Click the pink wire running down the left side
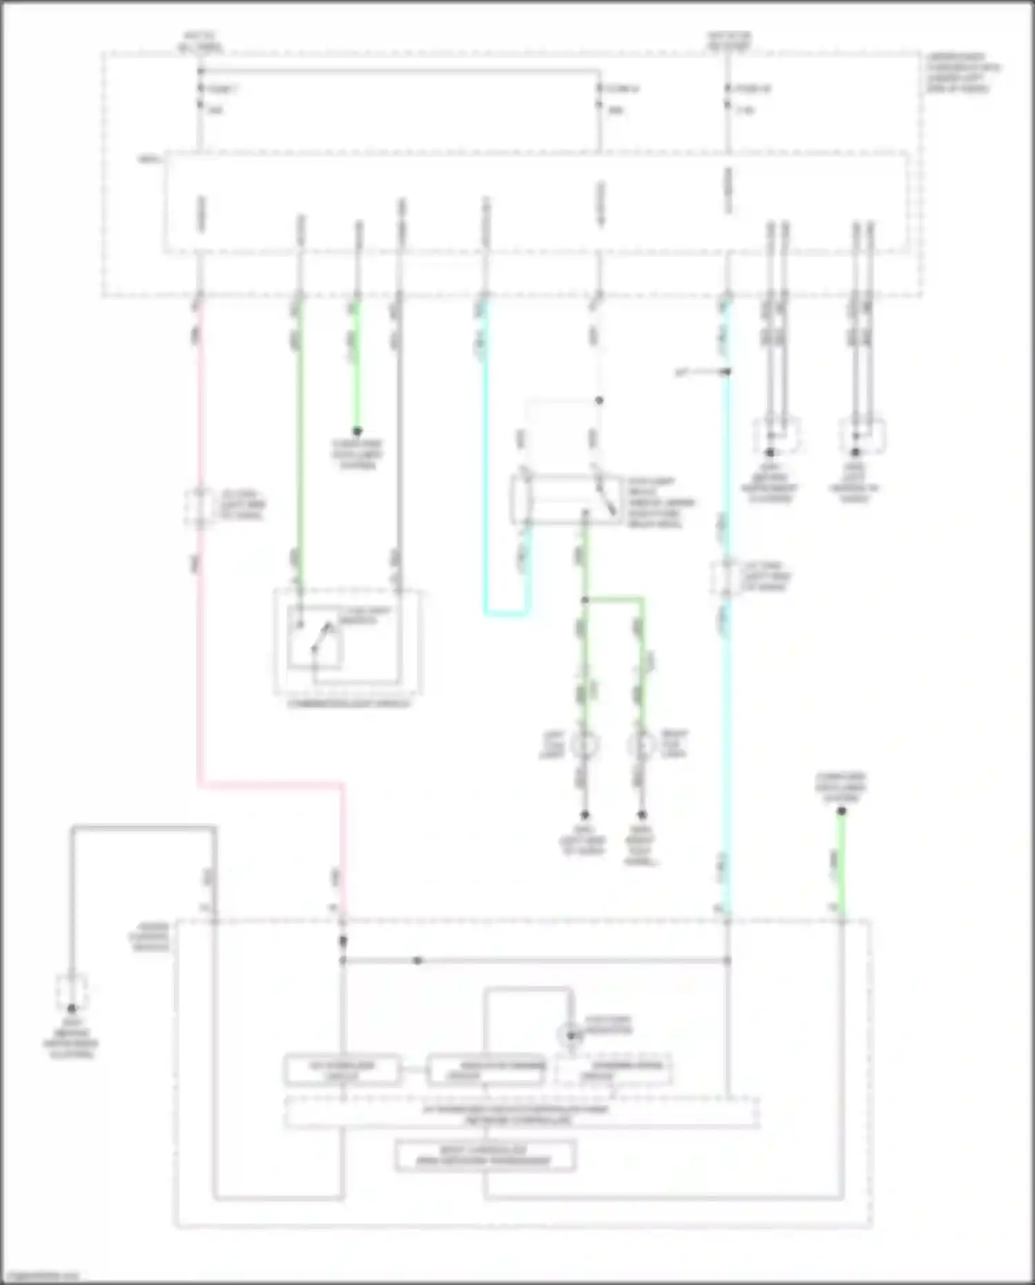click(x=200, y=656)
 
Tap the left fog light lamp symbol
click(x=584, y=745)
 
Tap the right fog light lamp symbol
click(x=642, y=745)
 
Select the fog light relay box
click(x=566, y=499)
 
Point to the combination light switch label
click(x=348, y=704)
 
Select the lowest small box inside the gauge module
click(x=485, y=1155)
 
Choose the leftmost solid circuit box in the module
click(x=342, y=1070)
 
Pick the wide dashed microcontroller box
click(x=522, y=1112)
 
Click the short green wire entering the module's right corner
click(x=841, y=870)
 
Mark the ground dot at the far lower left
click(x=72, y=1009)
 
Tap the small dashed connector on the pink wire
click(x=199, y=508)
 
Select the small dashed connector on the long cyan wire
click(x=726, y=577)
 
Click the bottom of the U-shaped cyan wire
click(x=506, y=613)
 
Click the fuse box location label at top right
click(x=963, y=73)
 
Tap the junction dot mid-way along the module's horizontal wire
click(x=417, y=960)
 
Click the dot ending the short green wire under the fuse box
click(x=357, y=431)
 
